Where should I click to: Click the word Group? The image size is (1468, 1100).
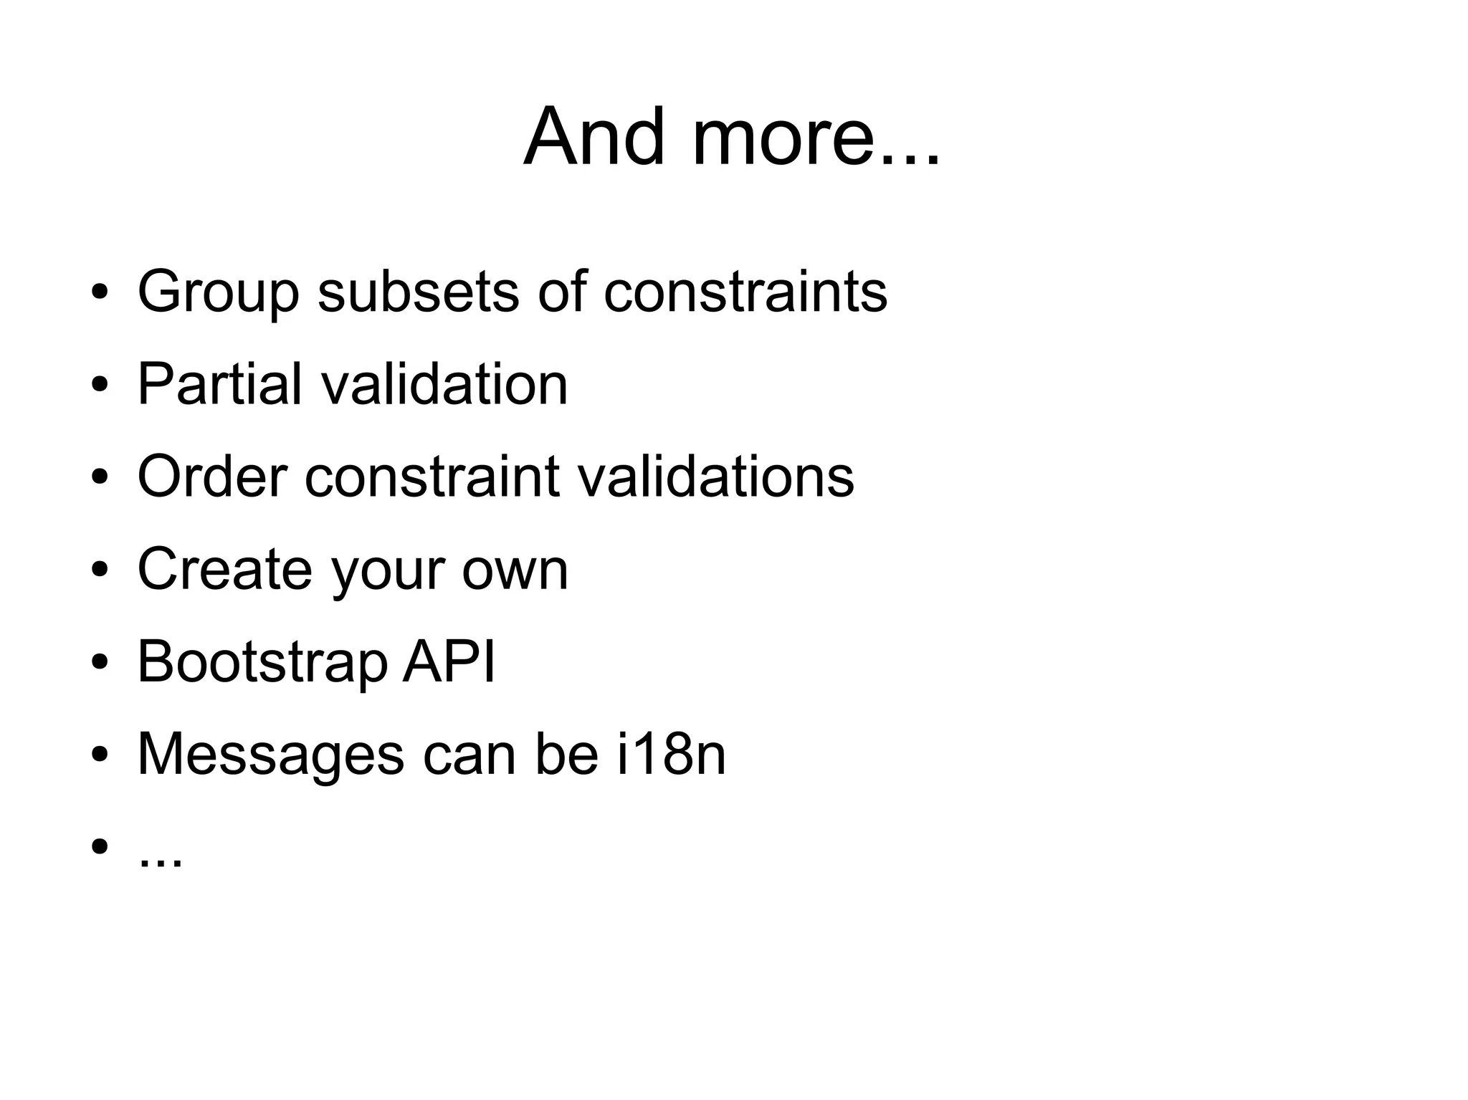218,292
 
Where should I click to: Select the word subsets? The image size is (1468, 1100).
418,291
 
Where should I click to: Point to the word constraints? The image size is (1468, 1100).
745,291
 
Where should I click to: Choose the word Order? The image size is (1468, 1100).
212,476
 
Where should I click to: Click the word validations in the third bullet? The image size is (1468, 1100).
716,476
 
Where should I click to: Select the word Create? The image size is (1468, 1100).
224,568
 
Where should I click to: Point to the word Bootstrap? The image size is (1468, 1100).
262,662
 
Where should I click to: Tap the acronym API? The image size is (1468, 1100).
449,661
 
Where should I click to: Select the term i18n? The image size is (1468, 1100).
672,754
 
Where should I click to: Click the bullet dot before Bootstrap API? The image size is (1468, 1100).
100,661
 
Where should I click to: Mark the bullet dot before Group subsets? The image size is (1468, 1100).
100,291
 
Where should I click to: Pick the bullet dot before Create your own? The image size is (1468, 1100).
100,568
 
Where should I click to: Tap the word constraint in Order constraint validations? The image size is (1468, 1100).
432,476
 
